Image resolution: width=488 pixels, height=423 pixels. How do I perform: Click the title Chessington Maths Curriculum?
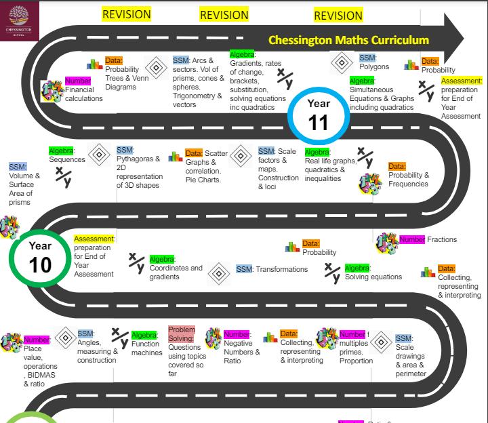coord(348,40)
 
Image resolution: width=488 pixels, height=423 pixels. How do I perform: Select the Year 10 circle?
coord(41,256)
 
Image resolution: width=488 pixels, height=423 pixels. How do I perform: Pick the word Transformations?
coord(281,270)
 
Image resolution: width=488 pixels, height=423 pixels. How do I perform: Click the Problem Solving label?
coord(181,334)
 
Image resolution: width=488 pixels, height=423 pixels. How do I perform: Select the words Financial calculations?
coord(84,94)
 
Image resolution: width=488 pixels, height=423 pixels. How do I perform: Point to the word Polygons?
coord(374,67)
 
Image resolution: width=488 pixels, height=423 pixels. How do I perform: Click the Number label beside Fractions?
coord(412,239)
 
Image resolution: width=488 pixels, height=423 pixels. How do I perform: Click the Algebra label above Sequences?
coord(61,150)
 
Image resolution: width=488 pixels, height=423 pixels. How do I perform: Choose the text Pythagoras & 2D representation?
coord(138,172)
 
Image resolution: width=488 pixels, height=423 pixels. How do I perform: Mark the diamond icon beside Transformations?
coord(218,273)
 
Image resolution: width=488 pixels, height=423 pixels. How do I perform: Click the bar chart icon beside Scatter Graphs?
coord(176,157)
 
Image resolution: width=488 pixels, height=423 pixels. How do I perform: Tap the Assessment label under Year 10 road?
coord(94,239)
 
